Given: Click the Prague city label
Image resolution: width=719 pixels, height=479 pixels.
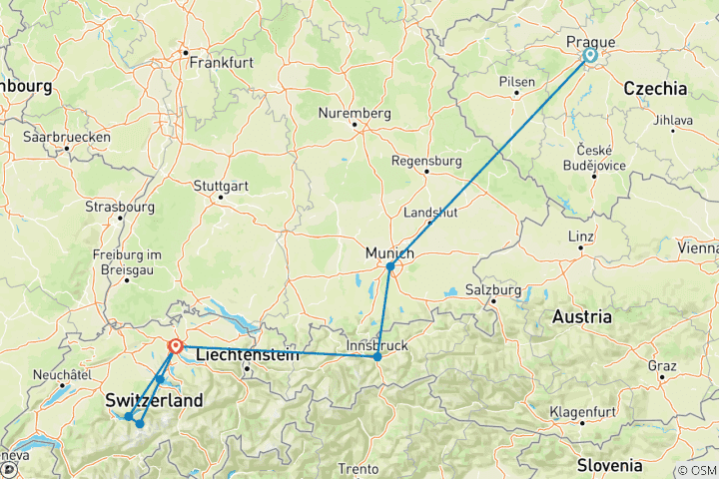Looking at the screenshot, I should click(590, 41).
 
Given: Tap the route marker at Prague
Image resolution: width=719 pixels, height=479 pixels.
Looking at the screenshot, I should click(589, 56).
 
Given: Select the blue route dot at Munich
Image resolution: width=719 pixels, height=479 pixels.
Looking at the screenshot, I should click(390, 266).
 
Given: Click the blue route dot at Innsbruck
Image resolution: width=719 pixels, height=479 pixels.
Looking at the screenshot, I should click(377, 356).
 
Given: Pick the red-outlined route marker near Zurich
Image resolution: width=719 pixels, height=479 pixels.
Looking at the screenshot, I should click(176, 346).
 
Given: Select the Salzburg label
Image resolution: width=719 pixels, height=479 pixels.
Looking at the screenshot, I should click(494, 289).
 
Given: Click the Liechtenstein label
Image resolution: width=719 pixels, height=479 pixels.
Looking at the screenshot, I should click(247, 354).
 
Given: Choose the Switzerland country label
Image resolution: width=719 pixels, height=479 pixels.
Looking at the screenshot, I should click(154, 400).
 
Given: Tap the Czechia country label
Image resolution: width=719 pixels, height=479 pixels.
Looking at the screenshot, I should click(655, 89).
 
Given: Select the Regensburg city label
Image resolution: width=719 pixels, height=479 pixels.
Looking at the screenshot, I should click(426, 160).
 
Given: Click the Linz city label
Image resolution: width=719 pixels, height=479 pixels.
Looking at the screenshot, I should click(580, 237).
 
